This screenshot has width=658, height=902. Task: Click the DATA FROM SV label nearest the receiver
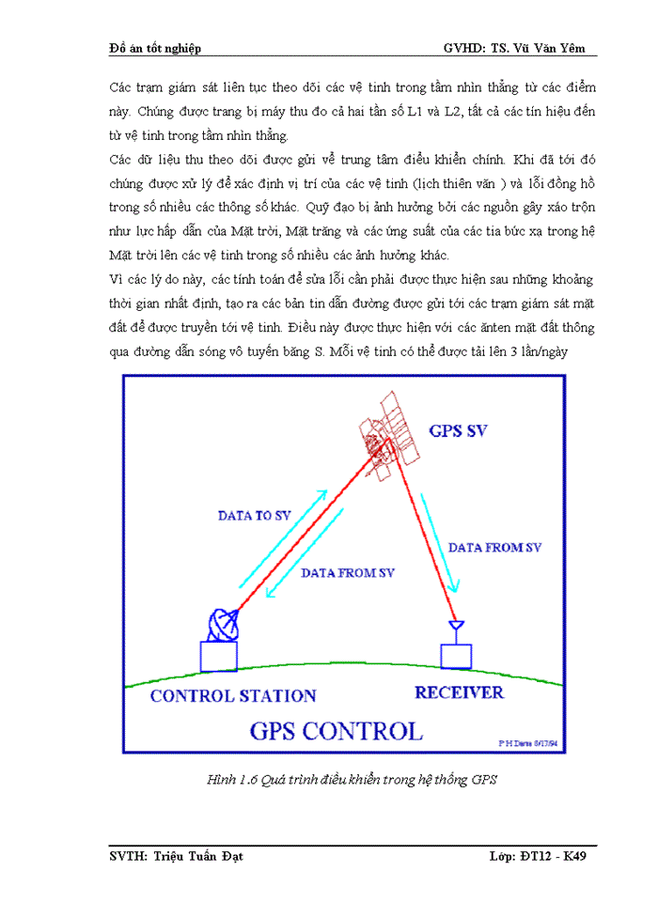point(494,547)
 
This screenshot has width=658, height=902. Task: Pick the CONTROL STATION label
point(233,696)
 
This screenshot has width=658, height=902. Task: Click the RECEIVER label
point(459,692)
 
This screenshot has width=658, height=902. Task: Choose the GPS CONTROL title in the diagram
point(335,730)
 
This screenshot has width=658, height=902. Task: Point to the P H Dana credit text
point(529,742)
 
